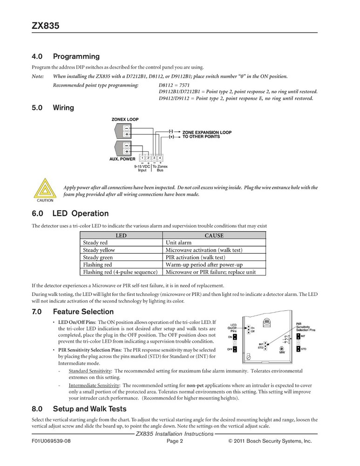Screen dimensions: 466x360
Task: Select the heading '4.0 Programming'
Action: [66, 57]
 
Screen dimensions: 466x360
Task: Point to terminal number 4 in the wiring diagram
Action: [159, 159]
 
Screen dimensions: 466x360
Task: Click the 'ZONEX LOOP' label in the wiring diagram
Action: [125, 119]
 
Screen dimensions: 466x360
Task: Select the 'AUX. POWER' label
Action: [122, 159]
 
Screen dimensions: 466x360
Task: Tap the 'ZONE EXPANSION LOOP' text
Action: [207, 132]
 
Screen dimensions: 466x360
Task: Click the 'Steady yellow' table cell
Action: [99, 250]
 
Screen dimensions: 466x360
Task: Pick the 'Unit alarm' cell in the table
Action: [179, 243]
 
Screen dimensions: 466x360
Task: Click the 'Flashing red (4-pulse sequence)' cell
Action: [120, 272]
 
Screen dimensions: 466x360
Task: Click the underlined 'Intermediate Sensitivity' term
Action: [94, 385]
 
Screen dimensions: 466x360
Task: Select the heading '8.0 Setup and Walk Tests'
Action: [79, 409]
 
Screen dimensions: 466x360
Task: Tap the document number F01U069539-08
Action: [51, 441]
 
